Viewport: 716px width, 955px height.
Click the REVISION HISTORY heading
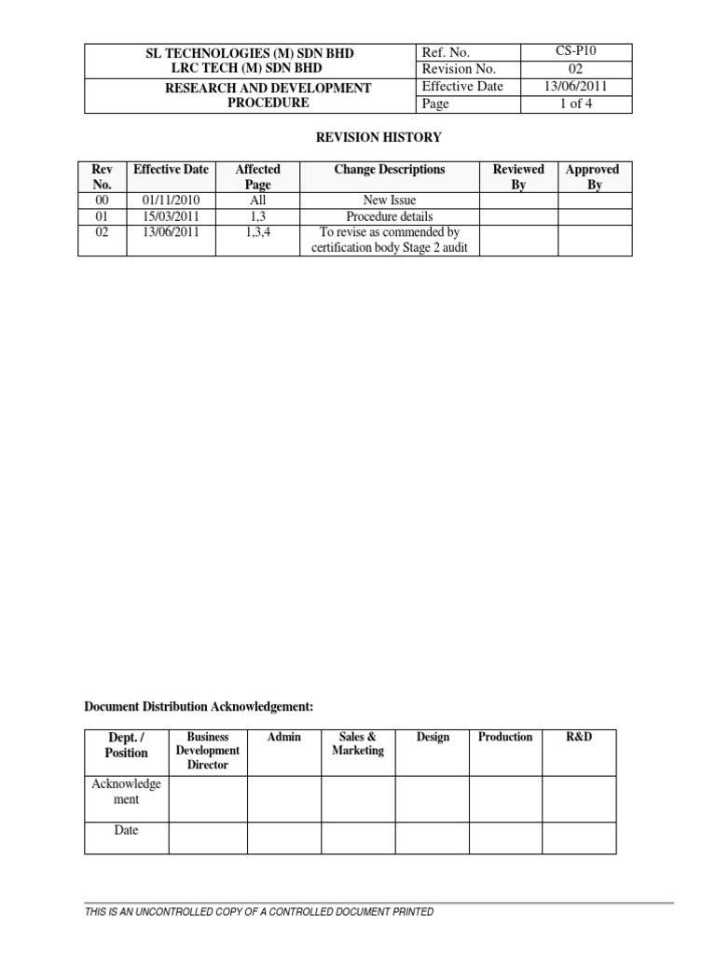tap(375, 138)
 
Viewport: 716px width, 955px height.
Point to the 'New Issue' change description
tap(390, 201)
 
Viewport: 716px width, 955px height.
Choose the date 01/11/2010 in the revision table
tap(171, 201)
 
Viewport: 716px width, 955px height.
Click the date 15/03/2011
tap(171, 216)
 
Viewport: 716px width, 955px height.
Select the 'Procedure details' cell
tap(390, 216)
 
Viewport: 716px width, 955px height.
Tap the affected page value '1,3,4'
tap(257, 232)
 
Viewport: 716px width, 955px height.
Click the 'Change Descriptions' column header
tap(390, 170)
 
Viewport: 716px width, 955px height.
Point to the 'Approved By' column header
tap(592, 177)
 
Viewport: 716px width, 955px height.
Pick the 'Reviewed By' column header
tap(518, 177)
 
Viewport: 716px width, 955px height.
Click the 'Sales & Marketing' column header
tap(358, 743)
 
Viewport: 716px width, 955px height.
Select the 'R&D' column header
tap(579, 737)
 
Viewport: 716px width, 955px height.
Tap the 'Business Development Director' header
tap(208, 751)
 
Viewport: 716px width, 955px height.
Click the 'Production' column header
tap(505, 737)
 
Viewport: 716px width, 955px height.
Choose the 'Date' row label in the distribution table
tap(126, 830)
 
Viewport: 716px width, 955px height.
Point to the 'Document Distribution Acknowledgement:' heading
tap(199, 708)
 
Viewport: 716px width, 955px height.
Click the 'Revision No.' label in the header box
tap(460, 69)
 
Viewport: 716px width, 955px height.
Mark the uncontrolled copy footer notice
tap(259, 912)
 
